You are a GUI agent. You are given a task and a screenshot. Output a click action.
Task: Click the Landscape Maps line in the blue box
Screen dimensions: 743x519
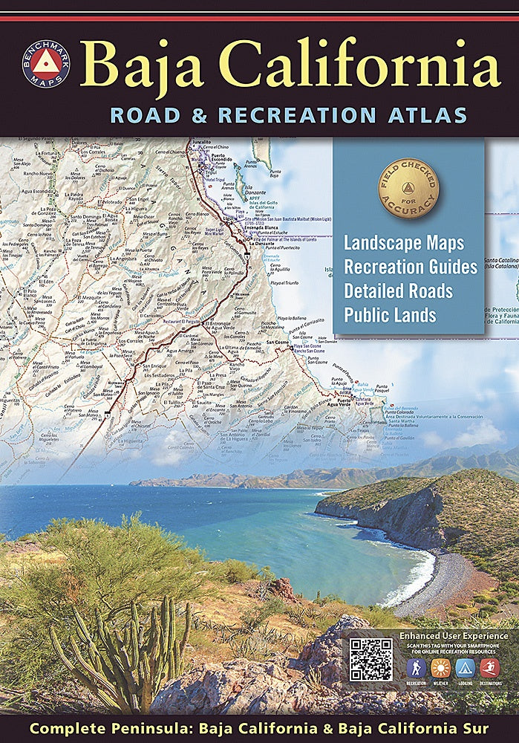(403, 244)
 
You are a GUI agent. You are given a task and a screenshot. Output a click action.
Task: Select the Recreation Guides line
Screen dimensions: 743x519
(410, 267)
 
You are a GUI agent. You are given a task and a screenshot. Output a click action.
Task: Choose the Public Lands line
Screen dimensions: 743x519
(390, 314)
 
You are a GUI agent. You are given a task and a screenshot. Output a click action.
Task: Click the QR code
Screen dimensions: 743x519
(371, 659)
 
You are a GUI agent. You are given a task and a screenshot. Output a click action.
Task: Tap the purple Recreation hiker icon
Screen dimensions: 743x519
(417, 668)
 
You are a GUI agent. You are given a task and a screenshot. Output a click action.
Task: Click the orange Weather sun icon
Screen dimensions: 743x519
(441, 668)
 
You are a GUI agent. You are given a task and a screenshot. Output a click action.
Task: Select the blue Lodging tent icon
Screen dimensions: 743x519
(465, 668)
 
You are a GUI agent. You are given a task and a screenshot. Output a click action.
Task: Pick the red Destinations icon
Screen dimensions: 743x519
(489, 668)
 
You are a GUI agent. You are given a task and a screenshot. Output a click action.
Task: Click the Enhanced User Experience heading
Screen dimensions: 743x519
(454, 636)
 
